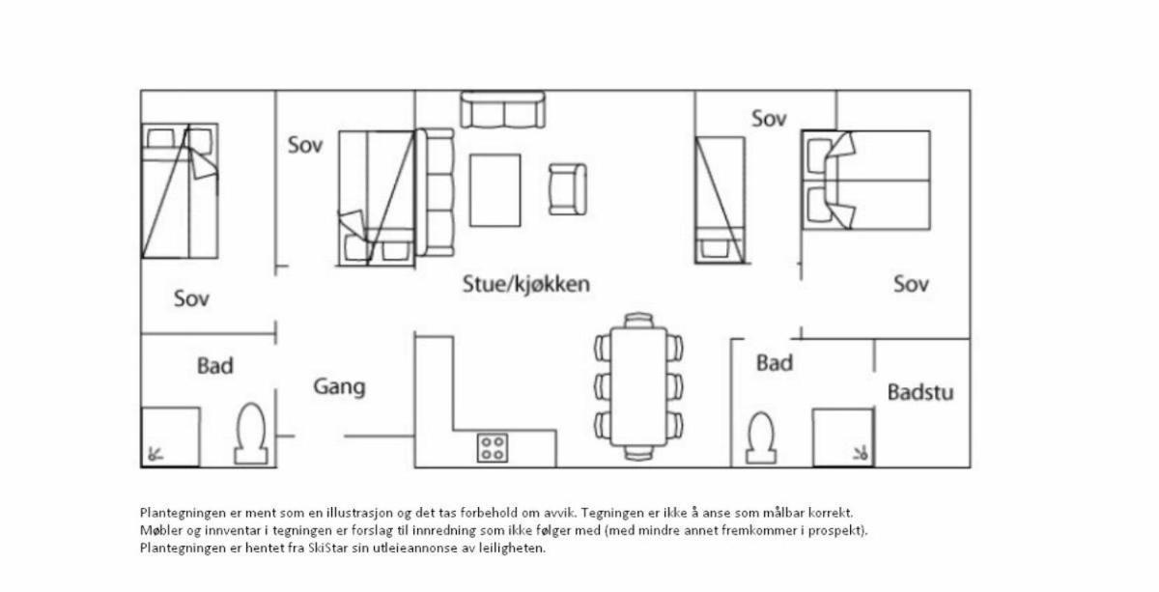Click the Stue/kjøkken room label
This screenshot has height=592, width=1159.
[525, 285]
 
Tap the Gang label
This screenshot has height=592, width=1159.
[339, 387]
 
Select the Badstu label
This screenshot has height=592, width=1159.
[920, 392]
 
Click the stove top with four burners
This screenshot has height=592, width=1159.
[492, 448]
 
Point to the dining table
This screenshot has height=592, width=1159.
[638, 386]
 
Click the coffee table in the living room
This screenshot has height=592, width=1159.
[495, 190]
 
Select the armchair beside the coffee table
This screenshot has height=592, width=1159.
[567, 189]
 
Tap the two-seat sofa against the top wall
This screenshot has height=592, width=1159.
[502, 110]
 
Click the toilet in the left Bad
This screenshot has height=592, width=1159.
[251, 434]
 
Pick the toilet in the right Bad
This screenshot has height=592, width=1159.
[761, 437]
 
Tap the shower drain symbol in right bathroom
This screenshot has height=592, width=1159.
[860, 454]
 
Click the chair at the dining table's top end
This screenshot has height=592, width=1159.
[638, 320]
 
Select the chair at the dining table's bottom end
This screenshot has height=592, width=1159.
[638, 453]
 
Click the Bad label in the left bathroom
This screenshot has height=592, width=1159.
[215, 366]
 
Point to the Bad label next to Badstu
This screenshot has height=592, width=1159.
[775, 363]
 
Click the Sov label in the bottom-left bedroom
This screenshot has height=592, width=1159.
[191, 298]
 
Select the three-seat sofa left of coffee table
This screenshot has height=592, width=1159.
[435, 192]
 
